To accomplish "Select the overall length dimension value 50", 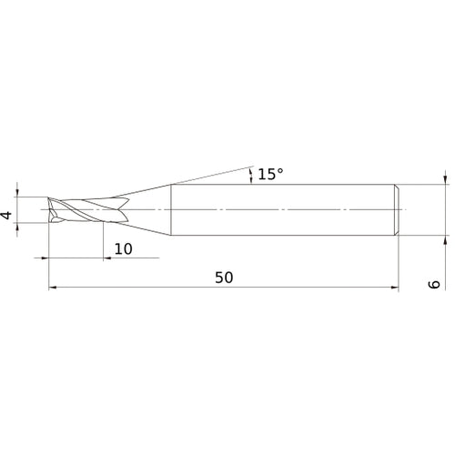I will [224, 278].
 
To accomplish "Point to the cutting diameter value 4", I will [7, 216].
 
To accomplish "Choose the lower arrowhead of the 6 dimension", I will [445, 242].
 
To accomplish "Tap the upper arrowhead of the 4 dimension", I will [18, 193].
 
